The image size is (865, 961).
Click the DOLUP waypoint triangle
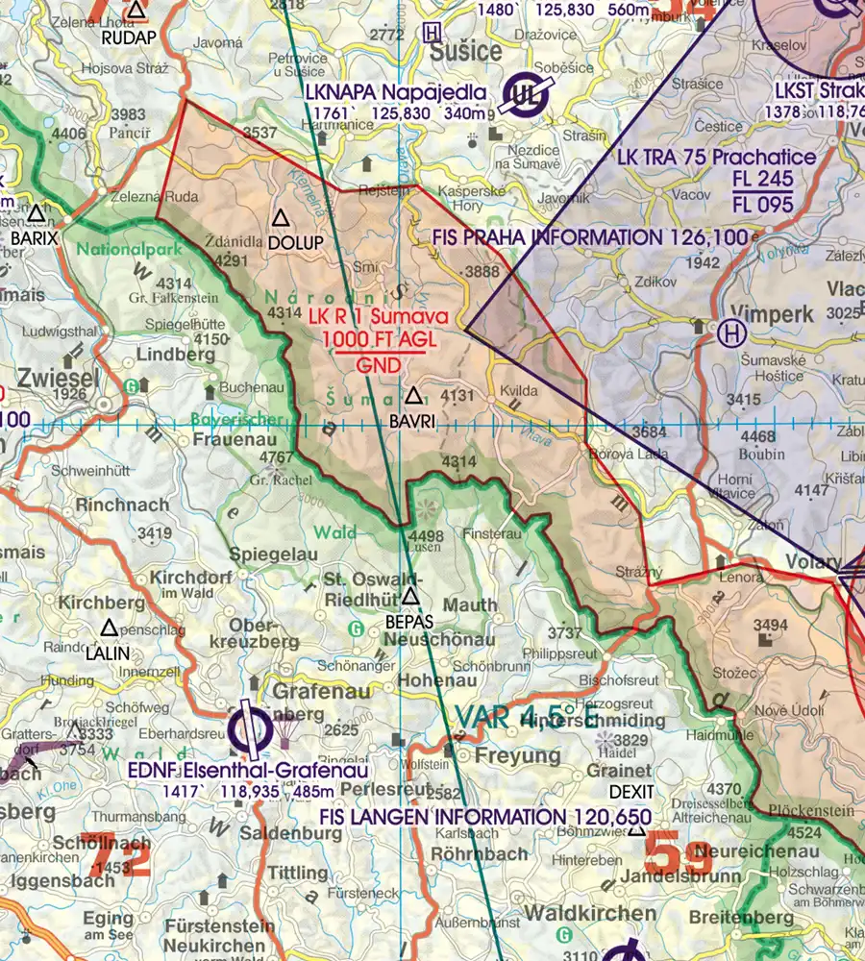[x=281, y=218]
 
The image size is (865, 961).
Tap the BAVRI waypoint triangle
[x=413, y=395]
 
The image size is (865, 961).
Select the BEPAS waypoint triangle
[x=411, y=597]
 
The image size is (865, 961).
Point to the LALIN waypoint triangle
[x=109, y=628]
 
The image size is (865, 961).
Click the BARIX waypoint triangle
[x=37, y=212]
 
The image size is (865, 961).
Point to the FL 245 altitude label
[x=762, y=180]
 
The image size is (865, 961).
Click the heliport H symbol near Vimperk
[x=731, y=333]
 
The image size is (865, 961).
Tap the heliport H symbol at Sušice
[x=432, y=32]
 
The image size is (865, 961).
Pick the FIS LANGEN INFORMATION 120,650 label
[x=484, y=817]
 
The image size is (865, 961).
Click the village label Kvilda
[x=518, y=393]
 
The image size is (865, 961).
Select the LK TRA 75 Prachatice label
[x=717, y=157]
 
